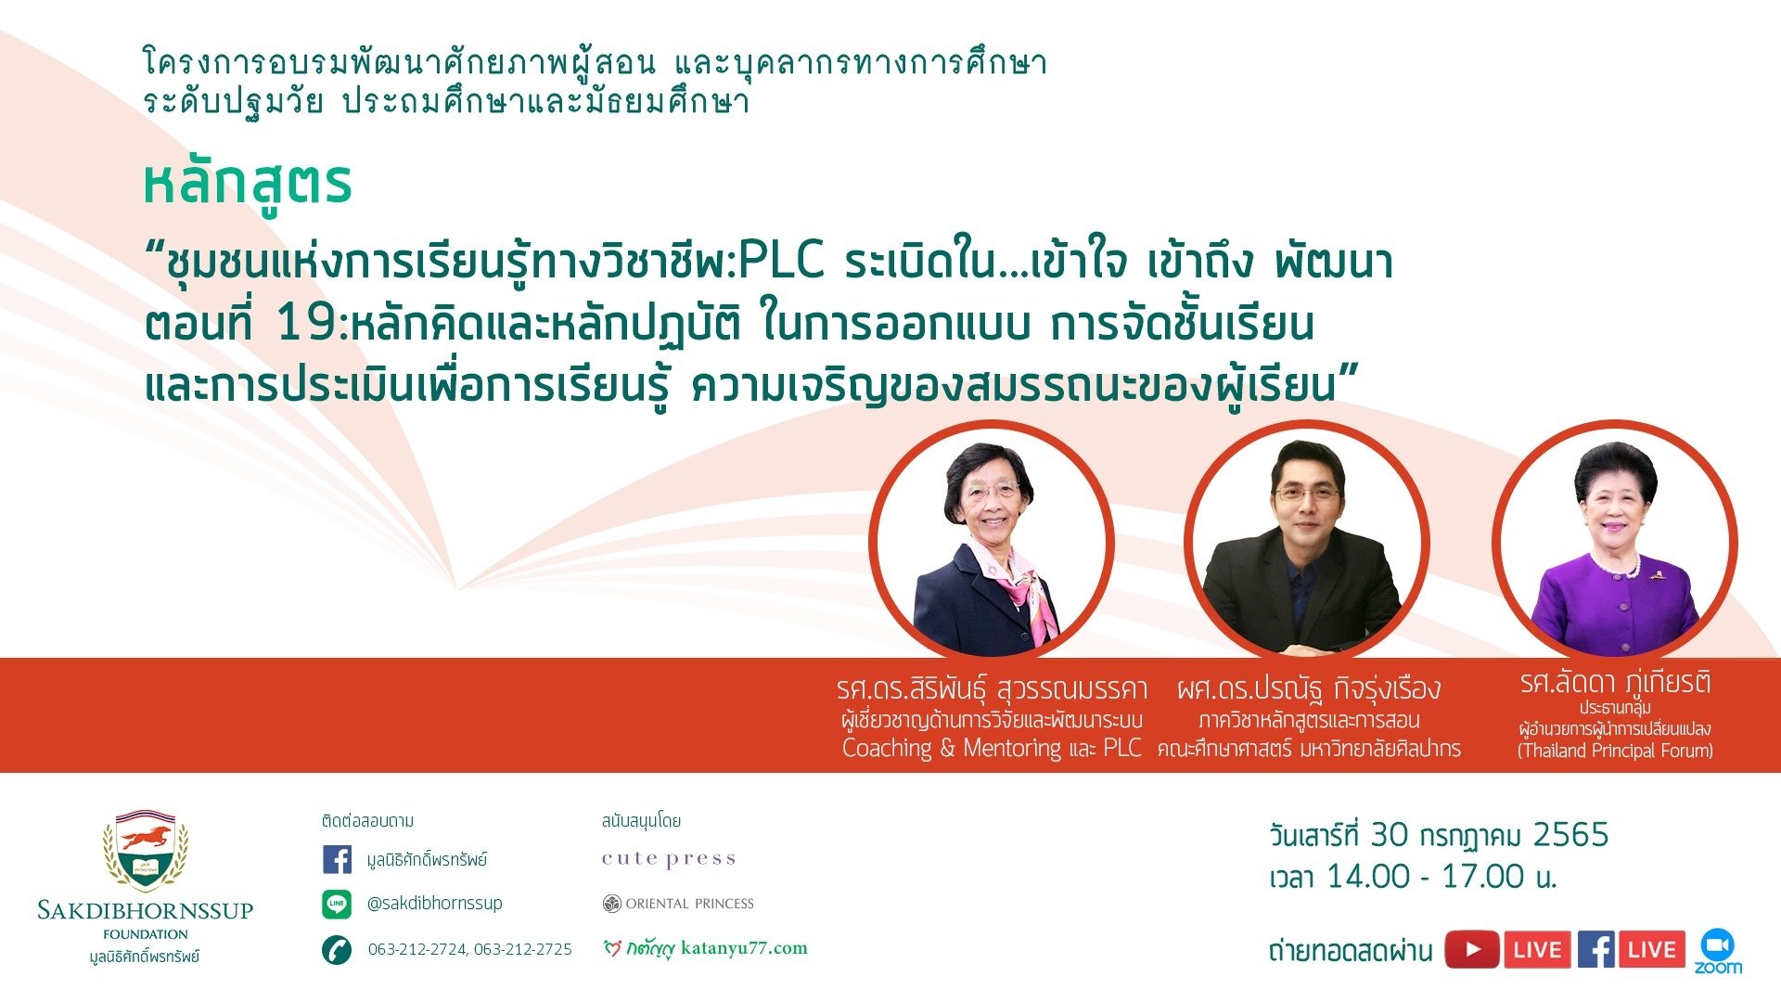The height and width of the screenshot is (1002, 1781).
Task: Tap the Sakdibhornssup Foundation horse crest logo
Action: [x=146, y=851]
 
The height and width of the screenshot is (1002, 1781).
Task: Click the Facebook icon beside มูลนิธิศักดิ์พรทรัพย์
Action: [x=337, y=859]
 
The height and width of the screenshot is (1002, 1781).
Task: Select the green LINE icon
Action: [x=337, y=904]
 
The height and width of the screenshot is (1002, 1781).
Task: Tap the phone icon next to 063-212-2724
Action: [x=337, y=949]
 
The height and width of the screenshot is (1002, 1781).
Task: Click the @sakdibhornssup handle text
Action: [x=434, y=903]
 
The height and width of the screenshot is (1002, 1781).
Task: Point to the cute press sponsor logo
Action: [x=669, y=859]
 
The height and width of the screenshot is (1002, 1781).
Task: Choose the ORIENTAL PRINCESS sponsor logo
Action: [x=678, y=904]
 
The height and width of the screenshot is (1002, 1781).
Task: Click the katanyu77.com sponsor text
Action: [x=744, y=948]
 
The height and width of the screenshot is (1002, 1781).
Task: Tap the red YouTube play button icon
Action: [x=1471, y=950]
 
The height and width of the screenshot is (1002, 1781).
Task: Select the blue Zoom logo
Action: [x=1718, y=951]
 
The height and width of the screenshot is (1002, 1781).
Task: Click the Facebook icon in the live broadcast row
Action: [x=1595, y=950]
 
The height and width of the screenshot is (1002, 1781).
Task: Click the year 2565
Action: [x=1570, y=835]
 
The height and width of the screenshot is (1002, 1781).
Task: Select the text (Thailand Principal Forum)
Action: [x=1615, y=751]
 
